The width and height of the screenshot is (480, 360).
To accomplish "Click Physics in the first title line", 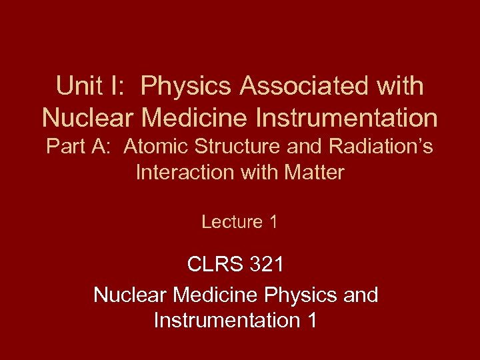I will [188, 86].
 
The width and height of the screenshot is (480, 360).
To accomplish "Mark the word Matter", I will [313, 173].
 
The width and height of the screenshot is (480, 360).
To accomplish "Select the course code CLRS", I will [215, 265].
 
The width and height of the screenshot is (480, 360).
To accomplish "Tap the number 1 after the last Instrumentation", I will [309, 321].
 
